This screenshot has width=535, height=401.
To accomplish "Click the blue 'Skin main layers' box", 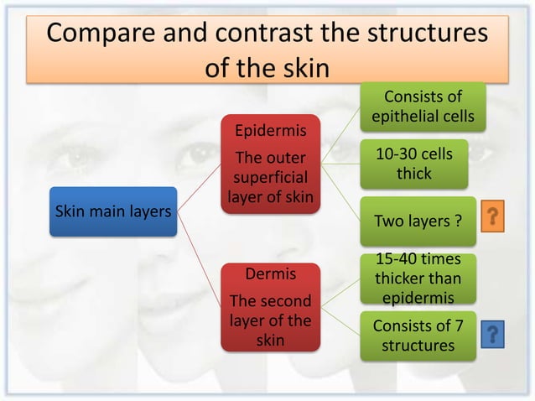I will pos(113,210).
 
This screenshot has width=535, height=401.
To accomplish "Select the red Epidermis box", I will pos(269,164).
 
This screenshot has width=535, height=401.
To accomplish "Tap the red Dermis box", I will pos(269,307).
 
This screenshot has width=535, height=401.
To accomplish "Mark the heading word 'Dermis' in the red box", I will pos(269,274).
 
